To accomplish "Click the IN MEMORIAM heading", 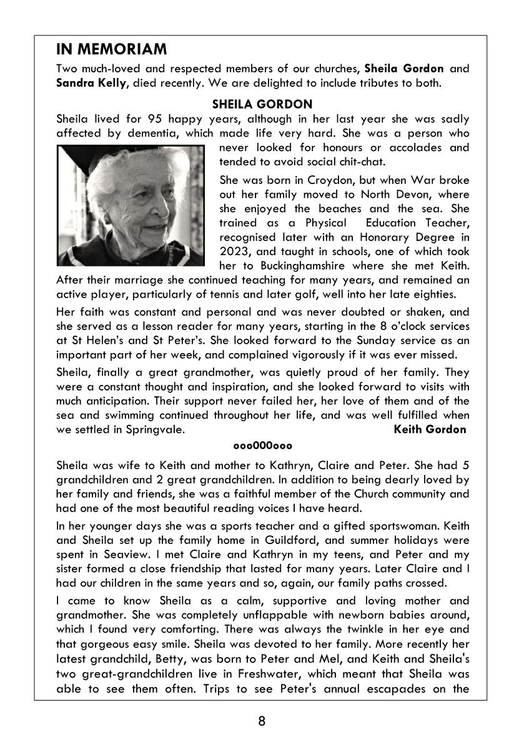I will tap(111, 49).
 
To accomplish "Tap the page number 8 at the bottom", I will tap(262, 722).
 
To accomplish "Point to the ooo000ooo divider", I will tap(262, 445).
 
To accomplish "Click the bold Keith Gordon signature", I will tap(430, 429).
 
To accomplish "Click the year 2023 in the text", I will tap(235, 251).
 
